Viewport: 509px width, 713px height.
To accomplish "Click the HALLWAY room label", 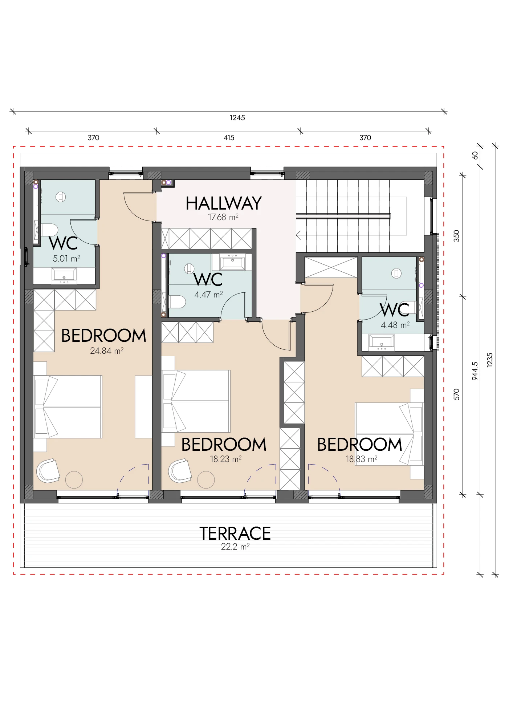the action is (x=224, y=203).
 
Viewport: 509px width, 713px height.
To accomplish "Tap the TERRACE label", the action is (x=235, y=534).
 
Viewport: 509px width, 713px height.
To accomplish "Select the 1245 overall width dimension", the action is (x=237, y=118).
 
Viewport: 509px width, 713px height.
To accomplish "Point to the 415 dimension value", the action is (x=229, y=138).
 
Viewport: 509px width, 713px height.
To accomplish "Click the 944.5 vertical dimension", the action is (x=475, y=371).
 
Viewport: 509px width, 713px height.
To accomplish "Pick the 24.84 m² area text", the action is (x=107, y=351).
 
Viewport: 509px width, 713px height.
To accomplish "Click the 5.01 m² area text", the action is (x=66, y=259).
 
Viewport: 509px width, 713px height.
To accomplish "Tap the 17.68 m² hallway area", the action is (x=223, y=217).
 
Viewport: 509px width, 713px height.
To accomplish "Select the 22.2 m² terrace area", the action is (x=235, y=547).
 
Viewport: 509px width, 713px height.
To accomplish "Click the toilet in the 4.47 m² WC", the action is (x=178, y=301).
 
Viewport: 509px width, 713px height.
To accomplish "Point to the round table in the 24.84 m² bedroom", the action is (x=74, y=480).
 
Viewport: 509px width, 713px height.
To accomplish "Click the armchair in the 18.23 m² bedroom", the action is (x=180, y=471).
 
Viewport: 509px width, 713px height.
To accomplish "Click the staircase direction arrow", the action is (x=298, y=236).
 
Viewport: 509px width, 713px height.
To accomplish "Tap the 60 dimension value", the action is (x=475, y=155).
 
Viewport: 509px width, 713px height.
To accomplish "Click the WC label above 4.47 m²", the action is (x=208, y=280).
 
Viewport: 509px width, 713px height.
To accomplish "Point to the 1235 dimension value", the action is (x=490, y=360).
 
